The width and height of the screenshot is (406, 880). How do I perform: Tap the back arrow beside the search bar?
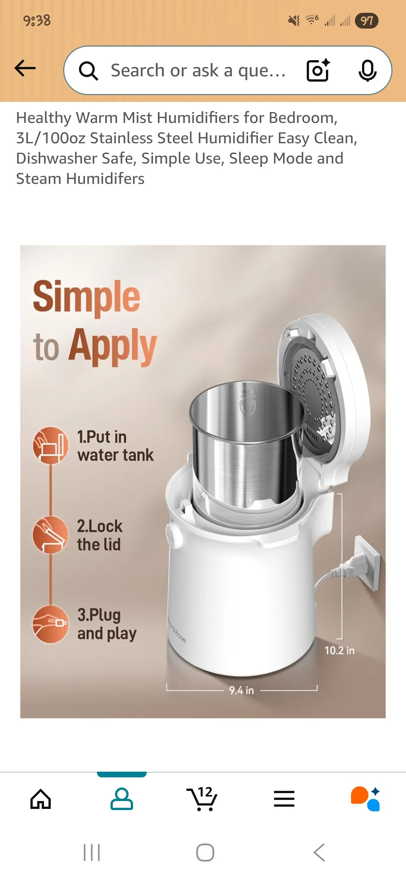[x=25, y=68]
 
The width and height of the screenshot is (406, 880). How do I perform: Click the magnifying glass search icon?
[x=89, y=71]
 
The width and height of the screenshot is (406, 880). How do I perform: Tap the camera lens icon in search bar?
[x=318, y=70]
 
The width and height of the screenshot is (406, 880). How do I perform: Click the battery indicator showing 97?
[x=367, y=21]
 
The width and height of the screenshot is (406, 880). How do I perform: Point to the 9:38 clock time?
[x=37, y=20]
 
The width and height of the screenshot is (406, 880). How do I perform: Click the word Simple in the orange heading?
[x=86, y=297]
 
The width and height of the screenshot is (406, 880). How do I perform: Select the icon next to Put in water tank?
[x=51, y=445]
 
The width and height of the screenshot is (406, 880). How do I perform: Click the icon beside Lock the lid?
[x=51, y=534]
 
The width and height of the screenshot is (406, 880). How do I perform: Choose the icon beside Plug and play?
[x=51, y=624]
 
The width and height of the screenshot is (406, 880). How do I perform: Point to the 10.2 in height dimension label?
[x=339, y=651]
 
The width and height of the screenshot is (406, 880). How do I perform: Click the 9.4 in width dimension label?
[x=242, y=690]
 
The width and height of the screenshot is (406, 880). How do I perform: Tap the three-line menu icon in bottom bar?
[x=284, y=799]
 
